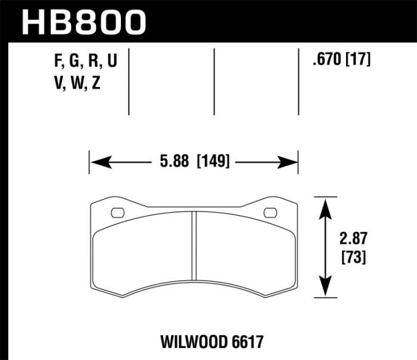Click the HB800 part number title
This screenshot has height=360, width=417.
coord(84,22)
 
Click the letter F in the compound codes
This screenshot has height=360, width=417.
coord(58,62)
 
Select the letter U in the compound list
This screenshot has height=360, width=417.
coord(113,62)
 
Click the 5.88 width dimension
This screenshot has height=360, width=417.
coord(174,162)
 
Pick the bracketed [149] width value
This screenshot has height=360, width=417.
coord(213,162)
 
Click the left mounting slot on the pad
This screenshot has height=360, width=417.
coord(117,212)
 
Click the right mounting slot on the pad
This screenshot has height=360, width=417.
coord(270,212)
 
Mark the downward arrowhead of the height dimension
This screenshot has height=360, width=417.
coord(324,288)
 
